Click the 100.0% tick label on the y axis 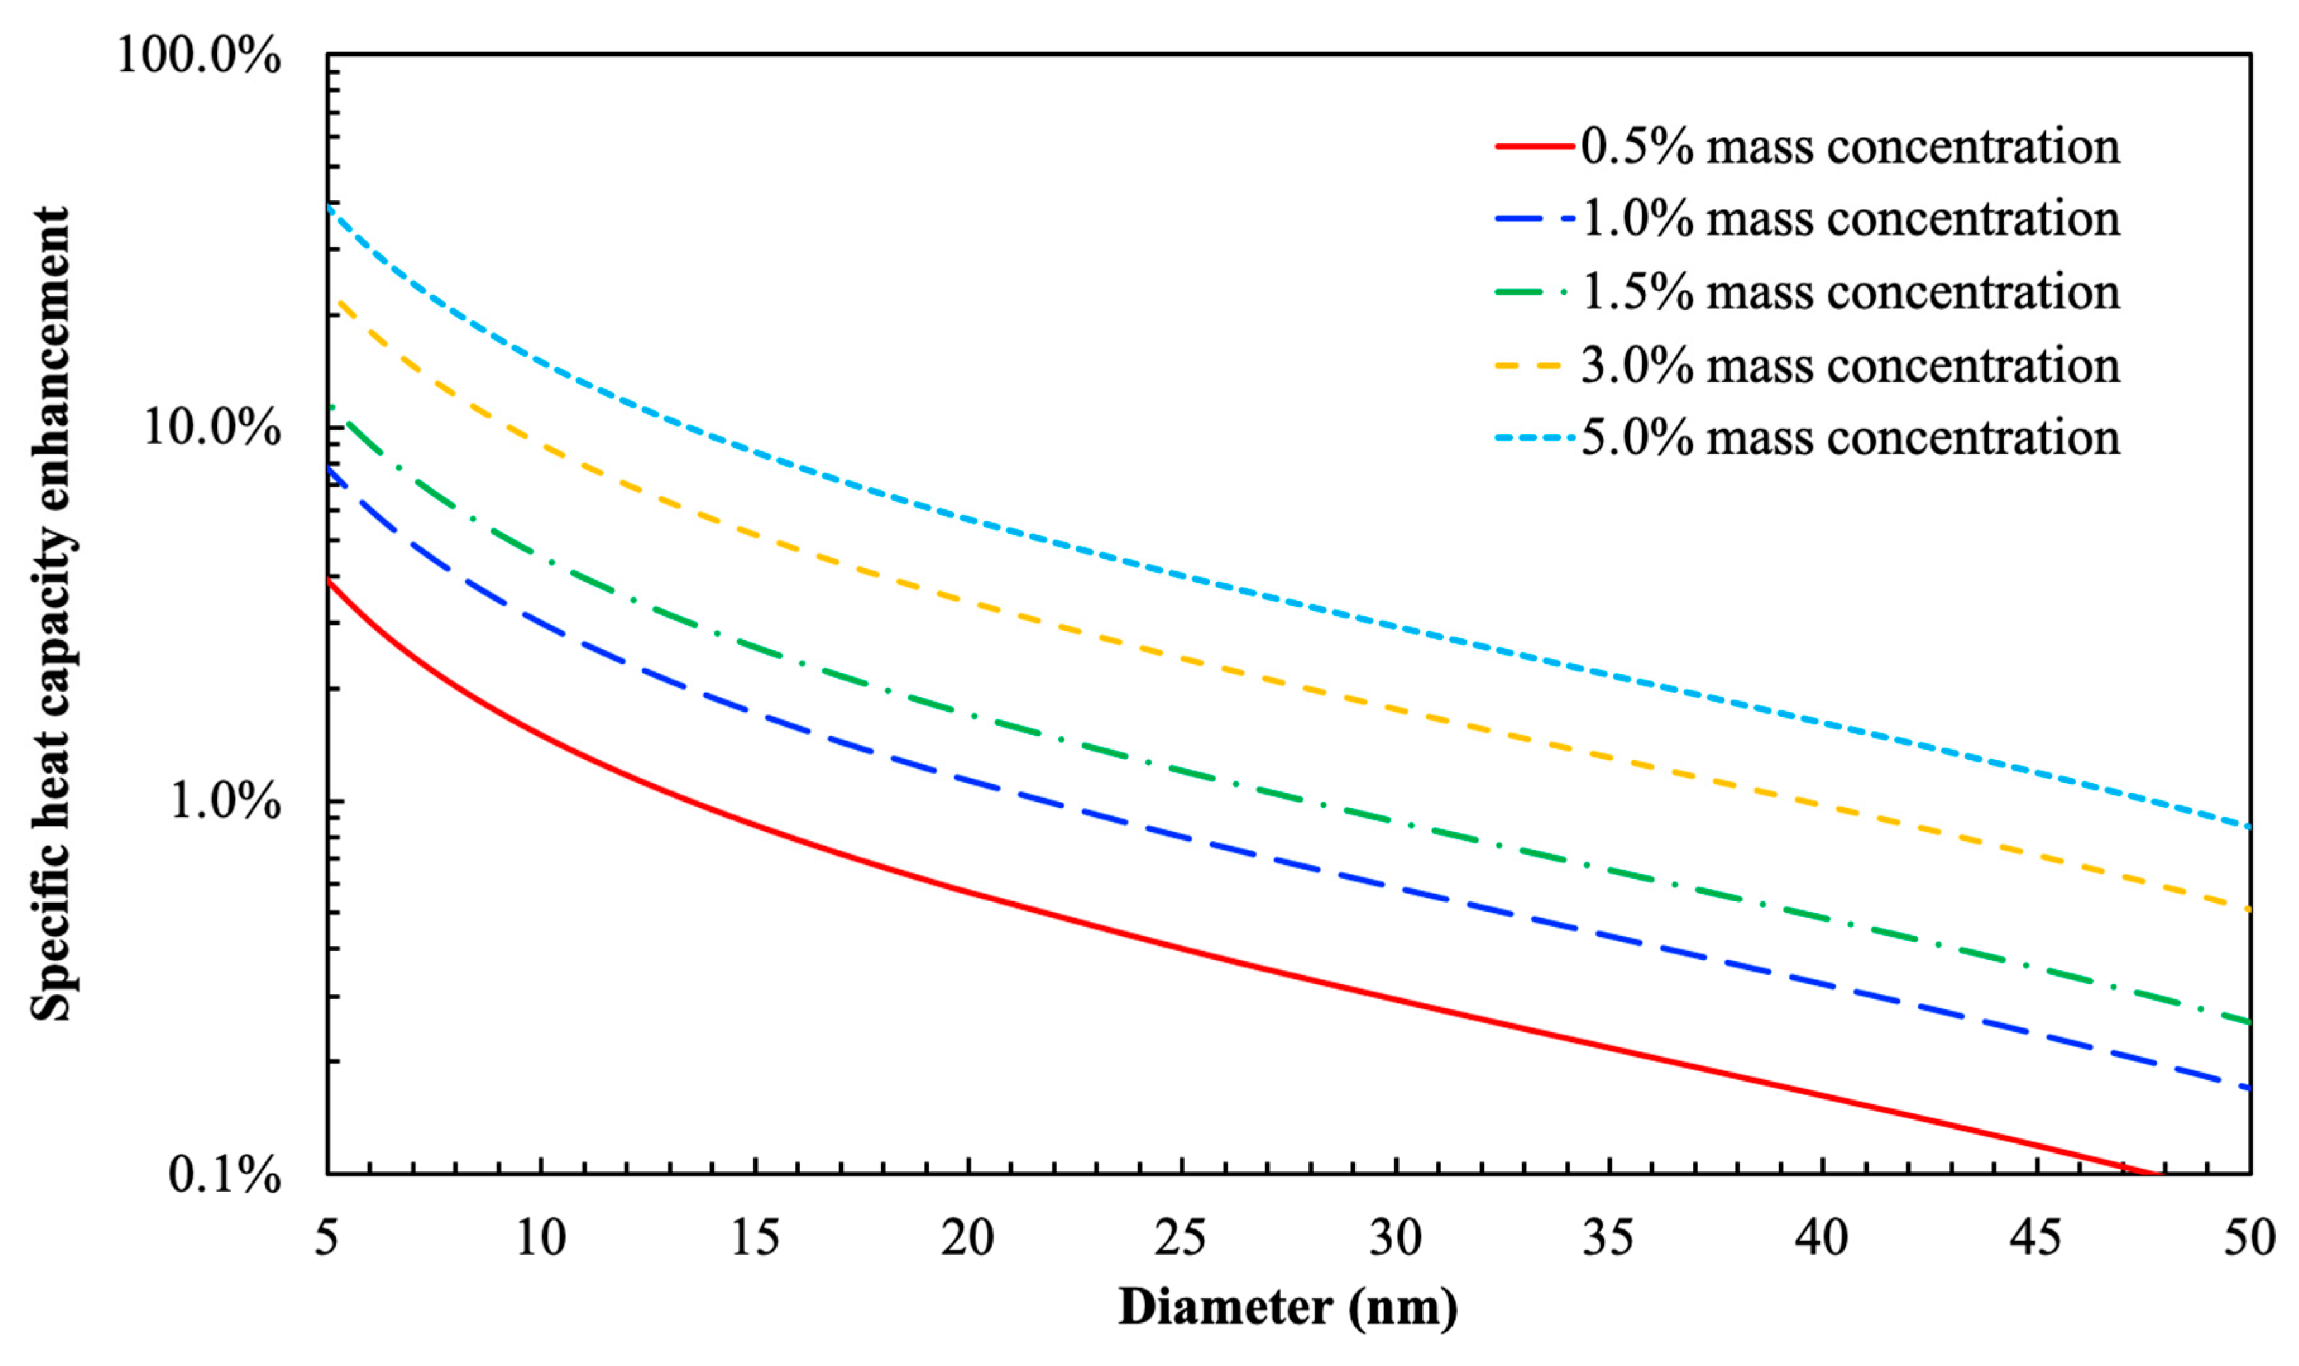pyautogui.click(x=198, y=57)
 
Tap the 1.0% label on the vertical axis pyautogui.click(x=224, y=802)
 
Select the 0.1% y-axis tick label pyautogui.click(x=224, y=1176)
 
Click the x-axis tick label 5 pyautogui.click(x=327, y=1238)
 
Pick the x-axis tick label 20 pyautogui.click(x=967, y=1238)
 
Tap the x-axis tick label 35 pyautogui.click(x=1608, y=1238)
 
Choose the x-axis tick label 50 pyautogui.click(x=2248, y=1238)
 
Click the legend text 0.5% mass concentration pyautogui.click(x=1850, y=147)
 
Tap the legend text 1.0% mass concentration pyautogui.click(x=1850, y=220)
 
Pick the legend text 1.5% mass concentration pyautogui.click(x=1850, y=293)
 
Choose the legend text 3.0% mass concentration pyautogui.click(x=1850, y=365)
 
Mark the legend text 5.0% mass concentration pyautogui.click(x=1850, y=437)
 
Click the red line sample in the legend pyautogui.click(x=1534, y=147)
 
